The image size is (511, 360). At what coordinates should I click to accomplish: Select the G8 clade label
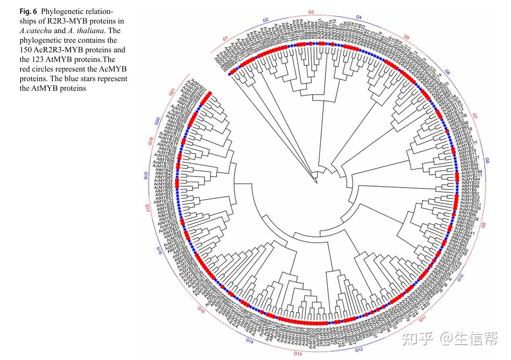tap(487, 160)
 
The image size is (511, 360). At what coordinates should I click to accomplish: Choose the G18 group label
tap(145, 175)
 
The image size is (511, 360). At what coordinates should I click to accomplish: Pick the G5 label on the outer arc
tap(406, 37)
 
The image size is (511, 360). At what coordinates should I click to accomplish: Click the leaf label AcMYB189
tap(472, 172)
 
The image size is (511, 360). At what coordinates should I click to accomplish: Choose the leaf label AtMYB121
tap(470, 158)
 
